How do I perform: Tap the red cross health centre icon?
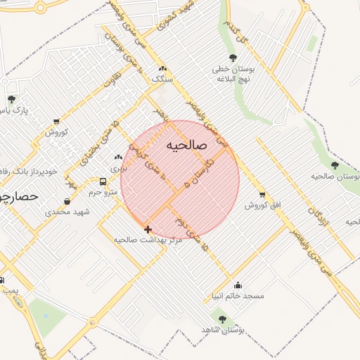click(148, 229)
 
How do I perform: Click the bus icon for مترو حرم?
click(103, 182)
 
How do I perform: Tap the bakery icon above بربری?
click(118, 157)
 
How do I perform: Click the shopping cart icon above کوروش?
click(56, 121)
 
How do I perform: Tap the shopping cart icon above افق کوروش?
click(262, 195)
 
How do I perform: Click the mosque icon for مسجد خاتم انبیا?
click(238, 285)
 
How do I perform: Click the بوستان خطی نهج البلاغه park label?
click(233, 75)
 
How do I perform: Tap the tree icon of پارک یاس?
click(11, 99)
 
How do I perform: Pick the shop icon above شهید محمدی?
click(66, 201)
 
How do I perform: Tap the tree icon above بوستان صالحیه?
click(334, 166)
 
